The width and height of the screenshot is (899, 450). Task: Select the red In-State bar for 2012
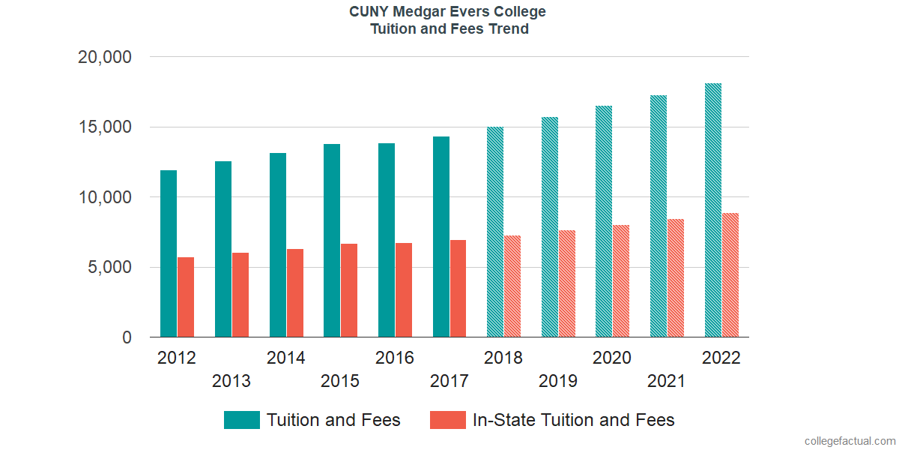[x=186, y=297]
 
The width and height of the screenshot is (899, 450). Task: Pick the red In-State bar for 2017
[x=458, y=289]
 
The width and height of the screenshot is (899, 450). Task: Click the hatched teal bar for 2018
[x=495, y=232]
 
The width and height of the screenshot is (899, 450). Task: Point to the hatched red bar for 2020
[x=621, y=281]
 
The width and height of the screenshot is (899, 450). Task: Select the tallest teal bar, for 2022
[x=713, y=210]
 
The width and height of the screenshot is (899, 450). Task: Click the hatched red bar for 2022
[x=730, y=275]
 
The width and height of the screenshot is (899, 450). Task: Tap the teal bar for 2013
[x=223, y=249]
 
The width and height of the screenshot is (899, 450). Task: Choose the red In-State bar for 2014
[x=295, y=293]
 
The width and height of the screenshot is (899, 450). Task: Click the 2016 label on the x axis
[x=395, y=358]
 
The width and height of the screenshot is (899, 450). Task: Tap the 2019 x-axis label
[x=558, y=381]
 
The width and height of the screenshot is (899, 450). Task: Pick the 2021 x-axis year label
[x=667, y=381]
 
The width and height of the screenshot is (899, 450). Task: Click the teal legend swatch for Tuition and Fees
[x=241, y=420]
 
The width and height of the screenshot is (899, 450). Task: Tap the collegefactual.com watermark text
[x=850, y=441]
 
